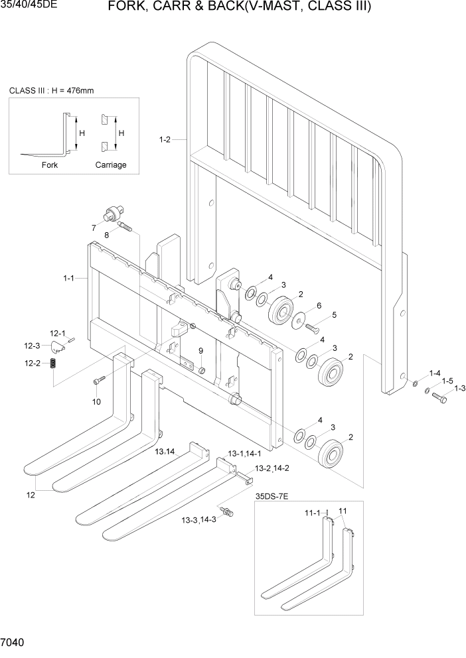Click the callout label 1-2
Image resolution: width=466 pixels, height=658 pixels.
point(165,139)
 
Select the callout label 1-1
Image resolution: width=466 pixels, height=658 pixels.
point(69,279)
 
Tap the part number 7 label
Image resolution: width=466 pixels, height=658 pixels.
point(94,228)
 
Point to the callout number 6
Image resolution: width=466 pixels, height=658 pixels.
point(319,305)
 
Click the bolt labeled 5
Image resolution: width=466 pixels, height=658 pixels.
point(314,326)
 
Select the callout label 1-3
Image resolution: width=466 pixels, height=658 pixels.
point(459,388)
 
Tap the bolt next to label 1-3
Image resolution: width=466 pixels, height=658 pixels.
point(439,397)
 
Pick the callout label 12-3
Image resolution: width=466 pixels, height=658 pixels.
point(33,345)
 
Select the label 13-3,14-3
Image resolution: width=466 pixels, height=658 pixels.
point(202,519)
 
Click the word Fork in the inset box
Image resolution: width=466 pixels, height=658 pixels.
point(50,165)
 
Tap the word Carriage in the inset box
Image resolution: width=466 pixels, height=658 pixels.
point(111,165)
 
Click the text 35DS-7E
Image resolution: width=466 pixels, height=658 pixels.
point(273,494)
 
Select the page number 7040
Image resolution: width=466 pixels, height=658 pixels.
point(14,643)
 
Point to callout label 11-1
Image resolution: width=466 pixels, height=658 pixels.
point(313,513)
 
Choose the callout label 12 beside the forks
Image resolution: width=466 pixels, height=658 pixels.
point(31,495)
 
